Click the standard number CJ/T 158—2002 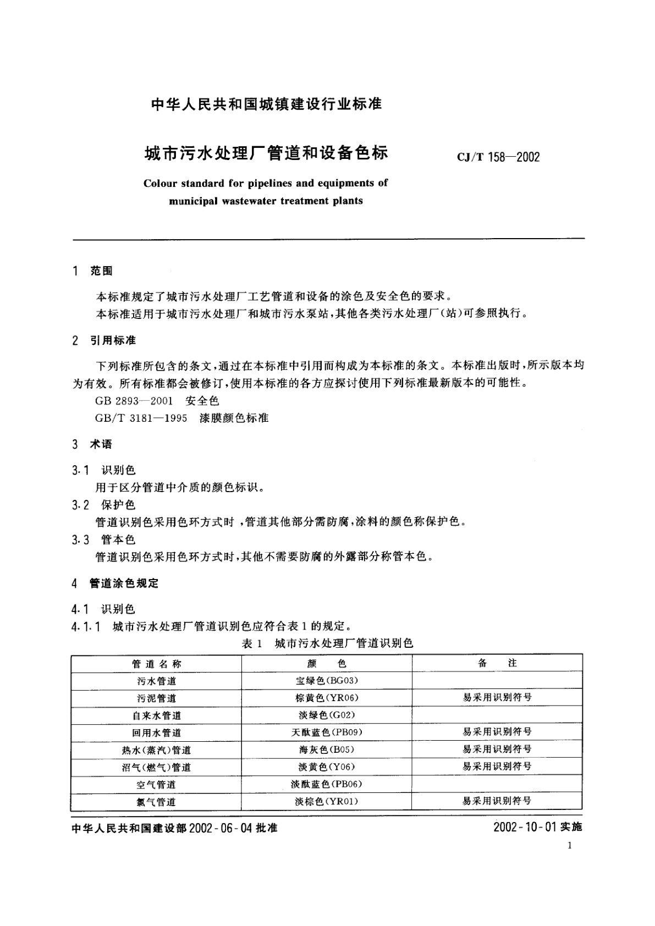pyautogui.click(x=498, y=157)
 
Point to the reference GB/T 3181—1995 pyautogui.click(x=141, y=418)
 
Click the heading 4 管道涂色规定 pyautogui.click(x=115, y=583)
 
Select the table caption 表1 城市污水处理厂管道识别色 pyautogui.click(x=327, y=643)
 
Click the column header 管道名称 pyautogui.click(x=156, y=664)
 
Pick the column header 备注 pyautogui.click(x=497, y=663)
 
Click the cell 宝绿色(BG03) pyautogui.click(x=327, y=681)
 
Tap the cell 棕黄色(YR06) pyautogui.click(x=327, y=698)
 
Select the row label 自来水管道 pyautogui.click(x=156, y=715)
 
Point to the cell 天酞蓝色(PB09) pyautogui.click(x=327, y=732)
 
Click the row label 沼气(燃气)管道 pyautogui.click(x=156, y=767)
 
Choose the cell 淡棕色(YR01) pyautogui.click(x=327, y=802)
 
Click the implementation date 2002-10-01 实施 pyautogui.click(x=537, y=827)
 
